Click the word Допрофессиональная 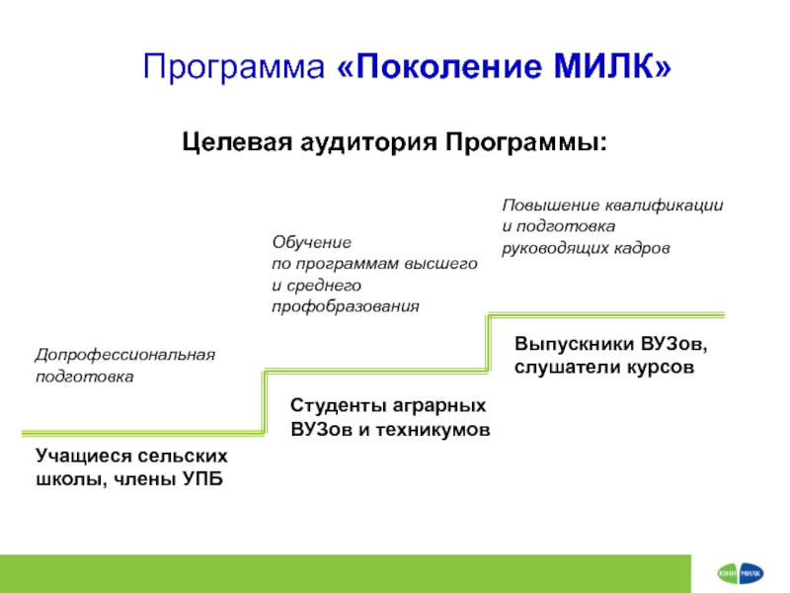point(124,354)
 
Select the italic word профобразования point(346,306)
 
